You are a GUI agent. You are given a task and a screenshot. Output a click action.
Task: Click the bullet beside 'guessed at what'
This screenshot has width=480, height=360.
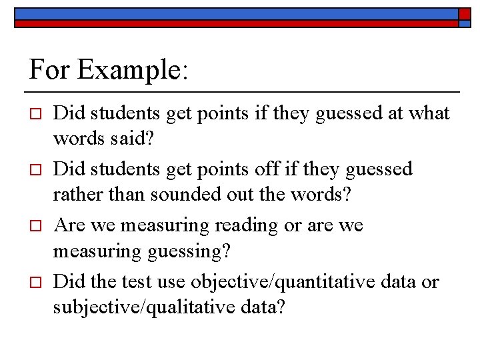coord(37,113)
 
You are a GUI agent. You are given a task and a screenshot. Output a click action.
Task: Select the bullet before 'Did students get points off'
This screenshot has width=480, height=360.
coord(37,169)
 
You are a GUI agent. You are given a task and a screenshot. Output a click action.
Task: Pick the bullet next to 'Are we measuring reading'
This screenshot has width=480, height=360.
coord(37,225)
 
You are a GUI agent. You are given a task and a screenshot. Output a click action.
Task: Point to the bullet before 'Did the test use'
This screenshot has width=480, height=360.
coord(37,281)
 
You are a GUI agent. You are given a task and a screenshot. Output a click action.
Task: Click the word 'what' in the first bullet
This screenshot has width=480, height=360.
coord(429,113)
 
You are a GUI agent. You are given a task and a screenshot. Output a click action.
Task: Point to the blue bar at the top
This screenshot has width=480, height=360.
coord(233,13)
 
